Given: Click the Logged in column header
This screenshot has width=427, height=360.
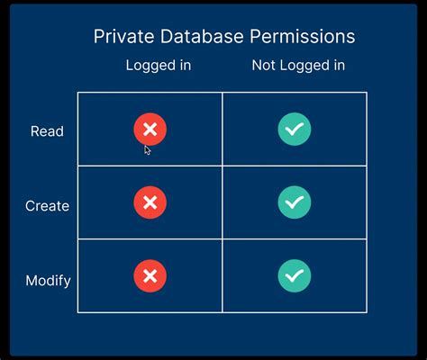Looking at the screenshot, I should click(159, 66).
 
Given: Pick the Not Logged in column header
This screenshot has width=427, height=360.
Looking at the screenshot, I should click(298, 66).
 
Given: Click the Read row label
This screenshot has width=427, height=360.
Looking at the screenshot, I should click(47, 131).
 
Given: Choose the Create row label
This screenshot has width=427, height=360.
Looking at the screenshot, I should click(47, 206).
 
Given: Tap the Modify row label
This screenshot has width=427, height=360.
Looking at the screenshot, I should click(48, 280).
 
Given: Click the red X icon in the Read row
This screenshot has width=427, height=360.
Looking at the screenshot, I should click(150, 130).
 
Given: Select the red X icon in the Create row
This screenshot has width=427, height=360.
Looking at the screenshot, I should click(150, 203).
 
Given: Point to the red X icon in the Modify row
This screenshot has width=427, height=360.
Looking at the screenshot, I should click(150, 275).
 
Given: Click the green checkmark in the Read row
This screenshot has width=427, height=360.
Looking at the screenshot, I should click(295, 130).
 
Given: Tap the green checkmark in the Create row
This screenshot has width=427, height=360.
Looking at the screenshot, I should click(295, 203).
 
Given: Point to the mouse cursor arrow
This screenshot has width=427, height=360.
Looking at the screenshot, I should click(148, 150).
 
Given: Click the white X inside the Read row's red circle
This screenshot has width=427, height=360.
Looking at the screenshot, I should click(150, 130).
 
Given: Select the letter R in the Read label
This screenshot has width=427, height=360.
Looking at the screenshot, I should click(35, 131).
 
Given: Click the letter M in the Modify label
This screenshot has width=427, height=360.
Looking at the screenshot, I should click(31, 280).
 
